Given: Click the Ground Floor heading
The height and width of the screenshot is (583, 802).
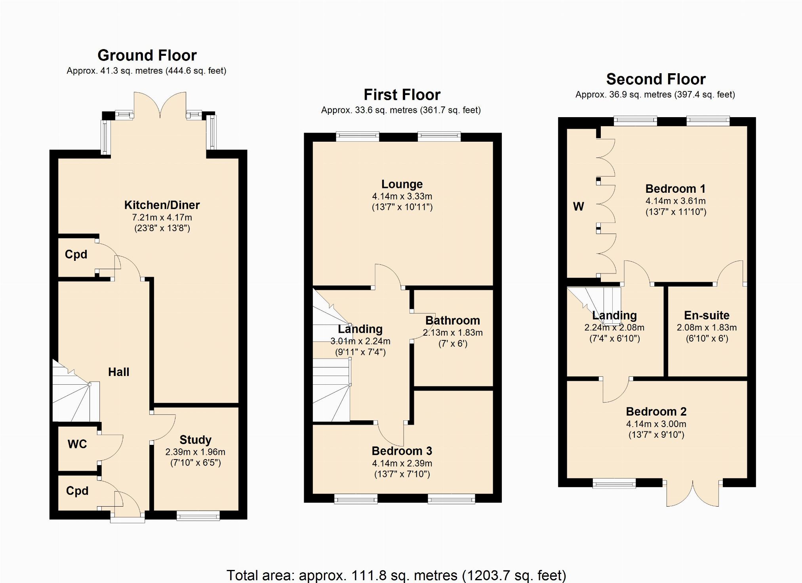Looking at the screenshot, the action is pos(147,55).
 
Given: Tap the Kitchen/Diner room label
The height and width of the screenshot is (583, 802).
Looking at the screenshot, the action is pos(162,205).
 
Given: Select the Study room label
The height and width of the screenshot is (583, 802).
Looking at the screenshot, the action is pos(195,440).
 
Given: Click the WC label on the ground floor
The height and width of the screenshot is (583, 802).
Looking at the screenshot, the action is pos(77,444).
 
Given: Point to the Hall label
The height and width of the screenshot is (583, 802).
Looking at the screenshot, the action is pos(119,372).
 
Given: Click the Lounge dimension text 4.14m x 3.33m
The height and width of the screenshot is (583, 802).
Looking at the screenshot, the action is pos(402,196).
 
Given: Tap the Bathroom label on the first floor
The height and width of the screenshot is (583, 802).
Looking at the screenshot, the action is pos(453,320).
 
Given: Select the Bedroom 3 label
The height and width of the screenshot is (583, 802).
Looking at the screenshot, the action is pos(402,451).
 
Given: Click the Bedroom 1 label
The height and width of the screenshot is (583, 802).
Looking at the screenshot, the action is pos(676,189).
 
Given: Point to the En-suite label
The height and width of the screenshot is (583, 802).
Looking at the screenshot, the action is pos(707,315).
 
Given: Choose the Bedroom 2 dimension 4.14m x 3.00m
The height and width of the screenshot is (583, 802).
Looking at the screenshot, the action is pos(656,424).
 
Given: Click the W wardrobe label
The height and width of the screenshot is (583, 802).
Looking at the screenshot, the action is pos(579,206).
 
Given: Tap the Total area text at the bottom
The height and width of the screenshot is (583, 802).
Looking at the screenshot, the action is pos(396,575).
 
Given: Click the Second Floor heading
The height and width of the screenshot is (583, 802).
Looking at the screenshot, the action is pos(656,79).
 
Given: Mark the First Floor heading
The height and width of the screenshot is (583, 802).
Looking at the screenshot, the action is pos(402,95).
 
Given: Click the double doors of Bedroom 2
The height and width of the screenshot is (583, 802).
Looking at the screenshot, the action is pos(693,493).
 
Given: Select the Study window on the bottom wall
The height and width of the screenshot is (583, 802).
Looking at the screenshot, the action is pos(198,515).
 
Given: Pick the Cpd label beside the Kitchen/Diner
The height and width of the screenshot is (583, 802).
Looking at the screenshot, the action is pos(76,254).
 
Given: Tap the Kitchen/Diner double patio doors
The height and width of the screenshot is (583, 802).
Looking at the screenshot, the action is pos(160,105).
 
